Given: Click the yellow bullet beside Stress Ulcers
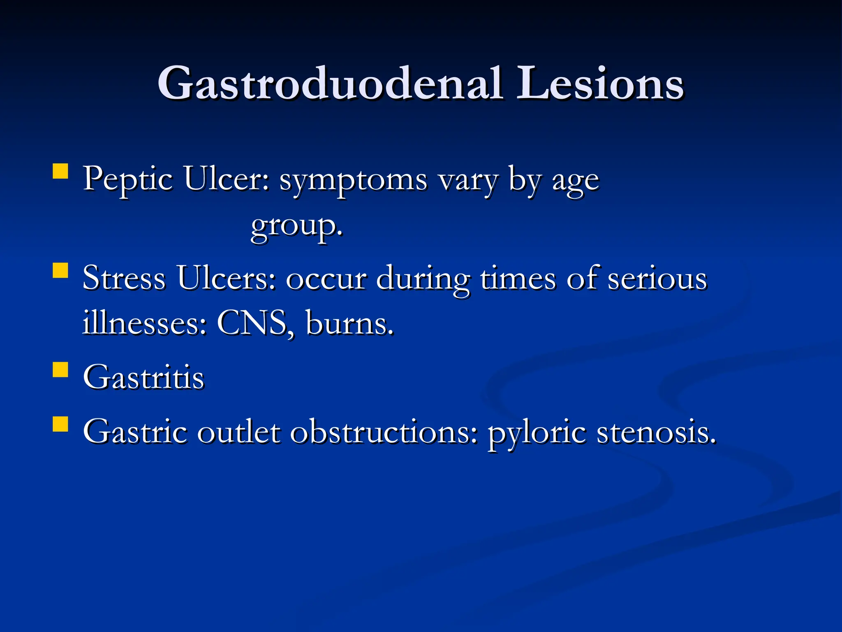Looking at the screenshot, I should [x=60, y=271].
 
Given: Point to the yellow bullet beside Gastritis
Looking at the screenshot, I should [x=60, y=369].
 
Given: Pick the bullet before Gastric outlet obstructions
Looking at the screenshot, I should [x=60, y=424].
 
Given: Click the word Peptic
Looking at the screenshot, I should [x=128, y=180].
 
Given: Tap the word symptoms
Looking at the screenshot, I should [x=353, y=181].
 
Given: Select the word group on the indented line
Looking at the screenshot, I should [x=296, y=226].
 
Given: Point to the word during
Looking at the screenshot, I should [x=423, y=280].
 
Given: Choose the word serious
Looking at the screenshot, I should [x=657, y=279].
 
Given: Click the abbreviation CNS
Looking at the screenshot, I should [x=252, y=323].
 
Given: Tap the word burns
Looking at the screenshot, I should [x=349, y=323].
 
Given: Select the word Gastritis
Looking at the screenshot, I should [x=143, y=377].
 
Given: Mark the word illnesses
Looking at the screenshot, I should [x=144, y=323].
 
